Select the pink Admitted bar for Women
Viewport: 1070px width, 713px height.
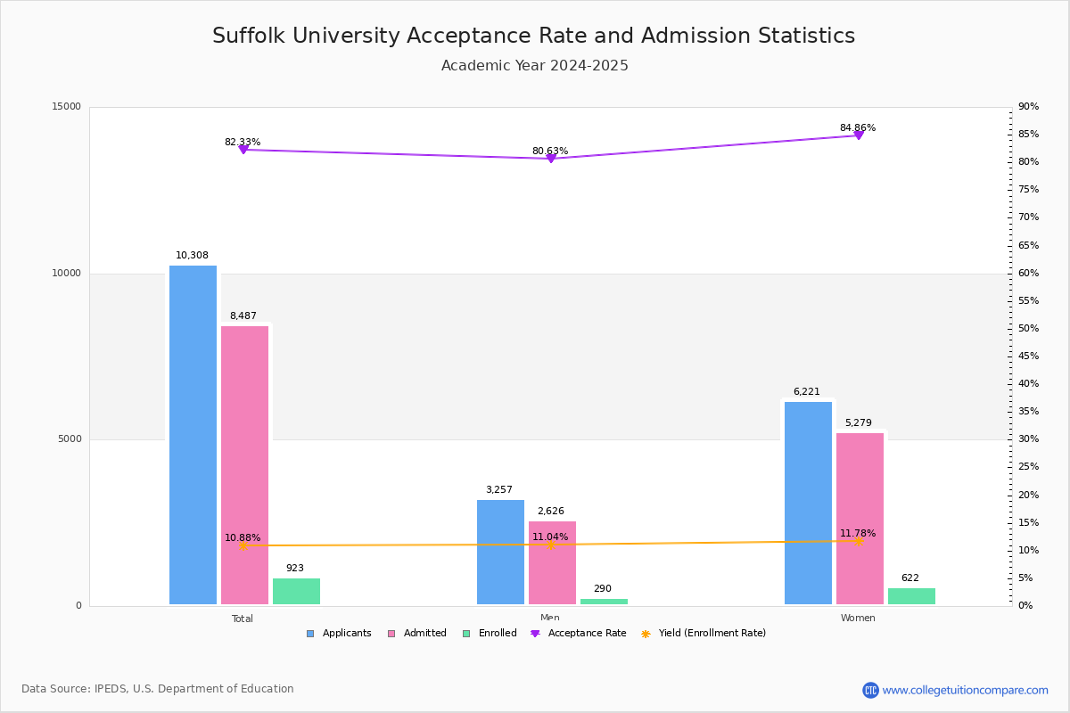(860, 519)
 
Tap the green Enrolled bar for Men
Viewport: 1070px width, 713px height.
(604, 602)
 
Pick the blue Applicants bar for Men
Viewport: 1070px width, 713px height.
(500, 552)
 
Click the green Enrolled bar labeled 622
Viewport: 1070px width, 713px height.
(911, 596)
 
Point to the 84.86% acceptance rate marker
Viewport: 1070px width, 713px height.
(859, 135)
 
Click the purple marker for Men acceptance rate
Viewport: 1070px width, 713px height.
(551, 159)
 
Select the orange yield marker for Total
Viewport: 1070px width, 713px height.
(243, 545)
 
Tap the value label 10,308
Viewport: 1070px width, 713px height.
(192, 256)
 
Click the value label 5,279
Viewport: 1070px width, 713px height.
(858, 423)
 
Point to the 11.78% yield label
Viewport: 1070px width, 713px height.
(858, 534)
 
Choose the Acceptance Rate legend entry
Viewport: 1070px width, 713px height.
(579, 634)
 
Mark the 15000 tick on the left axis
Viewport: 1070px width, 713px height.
(67, 107)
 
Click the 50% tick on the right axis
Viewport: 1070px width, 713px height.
(1029, 329)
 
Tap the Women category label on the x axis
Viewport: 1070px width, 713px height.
(858, 619)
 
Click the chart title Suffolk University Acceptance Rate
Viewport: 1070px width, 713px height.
(533, 36)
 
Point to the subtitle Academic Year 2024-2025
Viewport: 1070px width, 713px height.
(534, 66)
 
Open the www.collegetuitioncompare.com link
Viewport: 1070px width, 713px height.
(965, 690)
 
